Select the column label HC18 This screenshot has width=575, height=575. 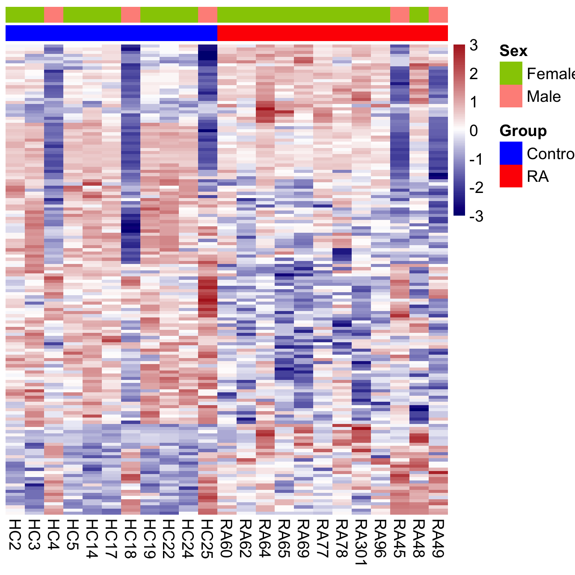tap(130, 539)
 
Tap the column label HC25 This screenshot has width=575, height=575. tap(207, 539)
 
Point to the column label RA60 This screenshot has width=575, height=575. tap(227, 539)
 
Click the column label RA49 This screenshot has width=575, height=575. tap(439, 539)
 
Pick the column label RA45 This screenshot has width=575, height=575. tap(400, 539)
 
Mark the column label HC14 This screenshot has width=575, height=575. tap(92, 539)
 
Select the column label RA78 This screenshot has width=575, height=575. tap(342, 539)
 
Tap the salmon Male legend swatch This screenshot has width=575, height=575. tap(511, 96)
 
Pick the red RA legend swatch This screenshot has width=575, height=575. tap(511, 176)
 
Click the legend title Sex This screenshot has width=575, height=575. tap(513, 51)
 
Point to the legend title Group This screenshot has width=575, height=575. tap(523, 131)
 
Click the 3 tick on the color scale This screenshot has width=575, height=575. tap(474, 45)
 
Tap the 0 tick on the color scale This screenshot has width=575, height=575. tap(474, 130)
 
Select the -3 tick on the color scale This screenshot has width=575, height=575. tap(476, 216)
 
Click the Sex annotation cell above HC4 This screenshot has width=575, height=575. tap(53, 15)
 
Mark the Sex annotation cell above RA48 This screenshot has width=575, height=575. tap(419, 15)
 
